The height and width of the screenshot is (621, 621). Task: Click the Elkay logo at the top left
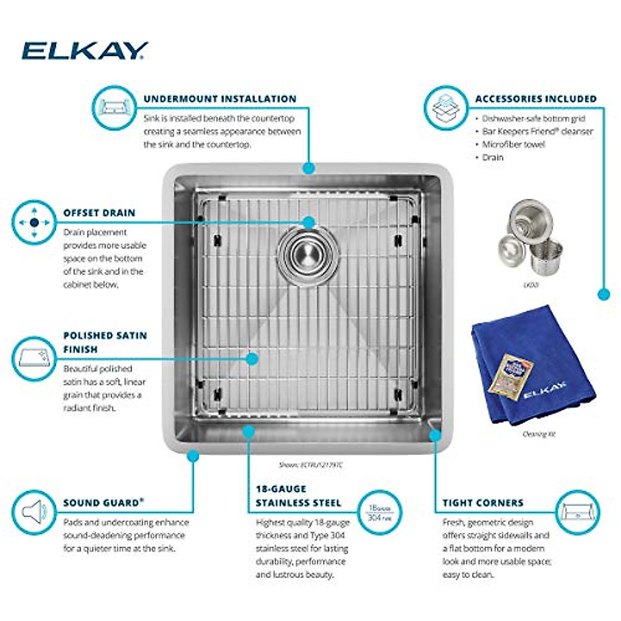[x=85, y=51]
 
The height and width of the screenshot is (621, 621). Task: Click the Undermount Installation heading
[x=220, y=99]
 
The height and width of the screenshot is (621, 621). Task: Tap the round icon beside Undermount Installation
[x=114, y=108]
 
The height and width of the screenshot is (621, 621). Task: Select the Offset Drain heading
[x=99, y=213]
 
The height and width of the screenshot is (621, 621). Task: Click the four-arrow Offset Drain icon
[x=34, y=223]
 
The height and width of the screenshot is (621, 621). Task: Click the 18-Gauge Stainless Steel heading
[x=298, y=496]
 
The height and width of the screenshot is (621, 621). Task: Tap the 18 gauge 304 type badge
[x=379, y=512]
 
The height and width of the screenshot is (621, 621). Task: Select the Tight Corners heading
[x=483, y=502]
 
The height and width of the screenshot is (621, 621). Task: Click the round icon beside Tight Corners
[x=578, y=512]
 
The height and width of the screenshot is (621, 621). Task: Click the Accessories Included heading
[x=536, y=99]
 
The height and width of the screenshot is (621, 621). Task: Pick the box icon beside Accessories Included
[x=446, y=108]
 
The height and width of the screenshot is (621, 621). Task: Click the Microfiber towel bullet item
[x=513, y=144]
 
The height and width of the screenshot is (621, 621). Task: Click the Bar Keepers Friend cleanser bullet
[x=537, y=131]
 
